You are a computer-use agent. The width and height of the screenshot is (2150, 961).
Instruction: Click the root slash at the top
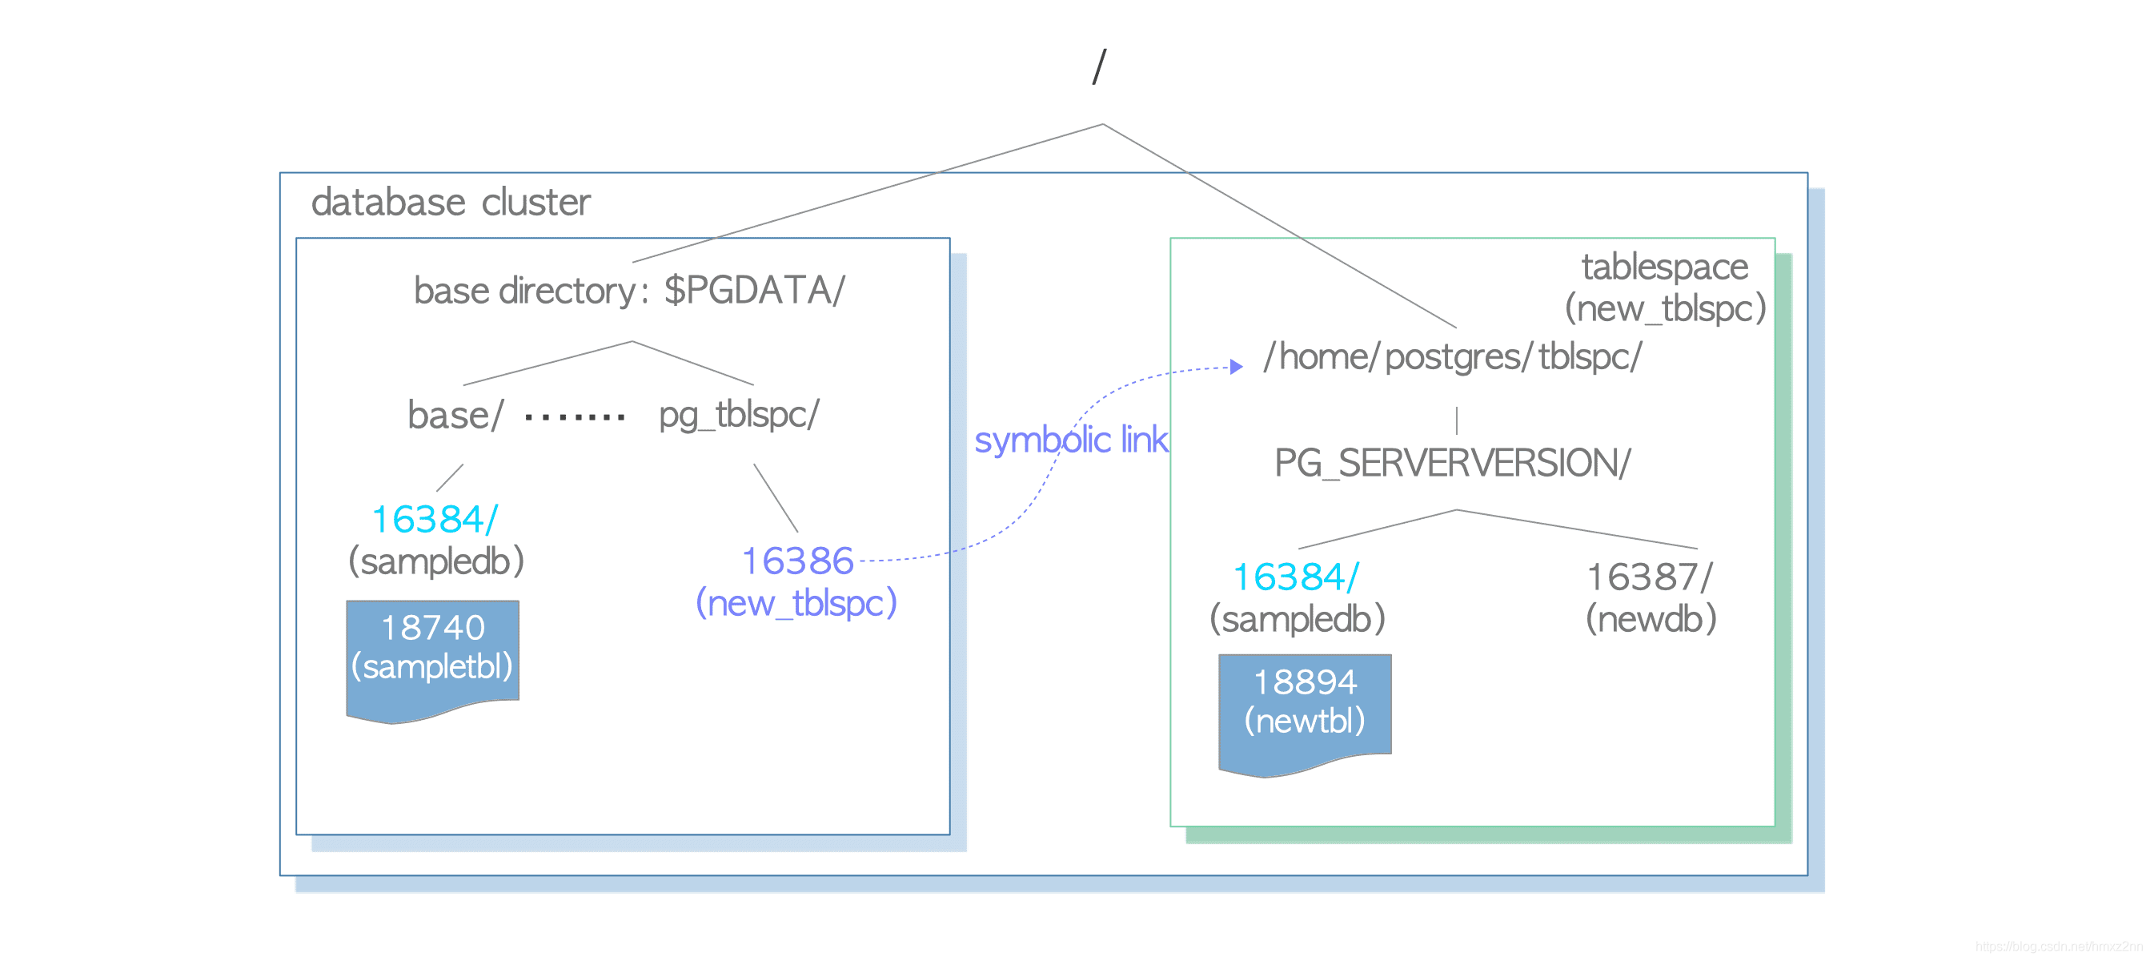coord(1099,66)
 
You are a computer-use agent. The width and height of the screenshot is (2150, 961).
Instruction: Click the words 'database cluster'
coord(450,203)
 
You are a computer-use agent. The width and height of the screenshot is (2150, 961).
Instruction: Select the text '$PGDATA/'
coord(754,291)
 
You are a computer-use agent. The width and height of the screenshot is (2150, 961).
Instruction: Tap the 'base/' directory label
coord(455,415)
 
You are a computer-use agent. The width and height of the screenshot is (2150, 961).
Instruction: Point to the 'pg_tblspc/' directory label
coord(739,414)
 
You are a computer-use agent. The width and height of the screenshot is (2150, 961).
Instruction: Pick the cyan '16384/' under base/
coord(434,519)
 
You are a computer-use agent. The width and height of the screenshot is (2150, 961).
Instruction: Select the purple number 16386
coord(797,561)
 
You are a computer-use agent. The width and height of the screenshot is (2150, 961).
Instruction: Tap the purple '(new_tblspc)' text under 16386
coord(796,603)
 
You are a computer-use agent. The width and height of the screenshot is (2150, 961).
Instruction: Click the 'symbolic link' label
coord(1070,440)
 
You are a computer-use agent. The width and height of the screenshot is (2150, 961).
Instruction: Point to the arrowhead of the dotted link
coord(1236,367)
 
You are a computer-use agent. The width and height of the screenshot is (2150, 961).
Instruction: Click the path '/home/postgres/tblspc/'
coord(1451,357)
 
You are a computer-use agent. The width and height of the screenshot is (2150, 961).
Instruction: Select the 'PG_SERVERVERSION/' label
coord(1451,463)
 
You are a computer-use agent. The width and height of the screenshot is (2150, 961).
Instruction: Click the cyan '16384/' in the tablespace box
coord(1295,577)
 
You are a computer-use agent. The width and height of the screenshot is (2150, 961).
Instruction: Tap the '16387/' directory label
coord(1648,577)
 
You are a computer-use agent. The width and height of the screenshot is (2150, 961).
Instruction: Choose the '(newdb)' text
coord(1650,619)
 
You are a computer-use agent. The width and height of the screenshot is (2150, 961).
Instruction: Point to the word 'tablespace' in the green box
coord(1663,267)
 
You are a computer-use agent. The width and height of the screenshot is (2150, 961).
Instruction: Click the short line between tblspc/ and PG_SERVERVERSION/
coord(1457,420)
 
